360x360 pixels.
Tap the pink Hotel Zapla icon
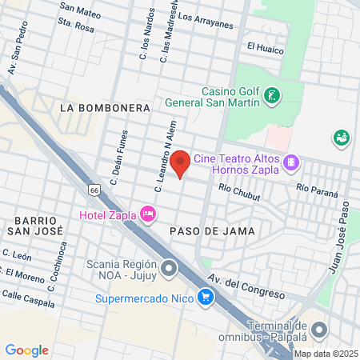(x=147, y=214)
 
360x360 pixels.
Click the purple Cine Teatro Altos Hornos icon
(x=291, y=162)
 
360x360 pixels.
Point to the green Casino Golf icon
(x=271, y=96)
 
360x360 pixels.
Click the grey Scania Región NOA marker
(x=169, y=269)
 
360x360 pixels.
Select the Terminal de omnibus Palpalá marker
(x=320, y=330)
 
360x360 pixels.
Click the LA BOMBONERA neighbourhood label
(x=105, y=106)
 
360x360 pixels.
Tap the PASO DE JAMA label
(x=212, y=230)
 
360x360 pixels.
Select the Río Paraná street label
(x=317, y=190)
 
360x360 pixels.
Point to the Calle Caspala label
(x=27, y=298)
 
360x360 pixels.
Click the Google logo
(x=26, y=350)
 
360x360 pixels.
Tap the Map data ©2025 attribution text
(x=326, y=354)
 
